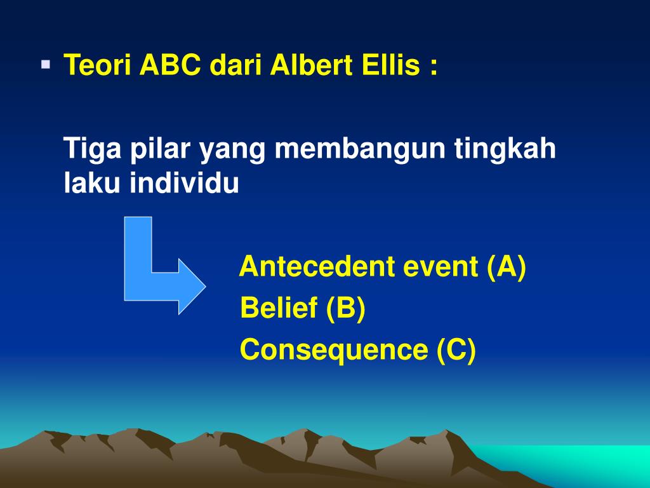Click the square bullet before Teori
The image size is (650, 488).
pos(46,65)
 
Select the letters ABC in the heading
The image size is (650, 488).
pos(170,65)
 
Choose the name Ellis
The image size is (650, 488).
pos(391,65)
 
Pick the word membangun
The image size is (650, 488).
pos(360,148)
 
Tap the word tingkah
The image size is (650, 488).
pos(505,149)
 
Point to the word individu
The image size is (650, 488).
pos(184,182)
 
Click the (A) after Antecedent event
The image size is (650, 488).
pos(507,267)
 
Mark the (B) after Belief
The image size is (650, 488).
pos(346,308)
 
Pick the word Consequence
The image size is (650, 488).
pos(334,350)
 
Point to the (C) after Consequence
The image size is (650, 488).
pos(456,351)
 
